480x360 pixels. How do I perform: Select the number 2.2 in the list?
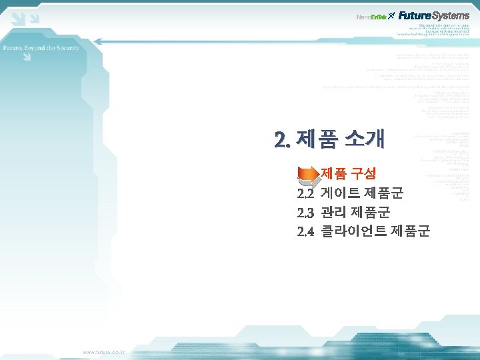(305, 194)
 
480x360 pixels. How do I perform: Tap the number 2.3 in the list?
(305, 213)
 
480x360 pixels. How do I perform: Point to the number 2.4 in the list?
(305, 231)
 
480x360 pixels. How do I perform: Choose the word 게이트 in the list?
(340, 194)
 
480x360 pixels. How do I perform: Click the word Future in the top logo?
(415, 15)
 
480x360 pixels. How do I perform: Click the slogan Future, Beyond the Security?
(41, 48)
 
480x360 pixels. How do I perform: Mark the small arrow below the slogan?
(26, 57)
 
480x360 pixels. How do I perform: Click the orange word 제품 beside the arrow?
(334, 174)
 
